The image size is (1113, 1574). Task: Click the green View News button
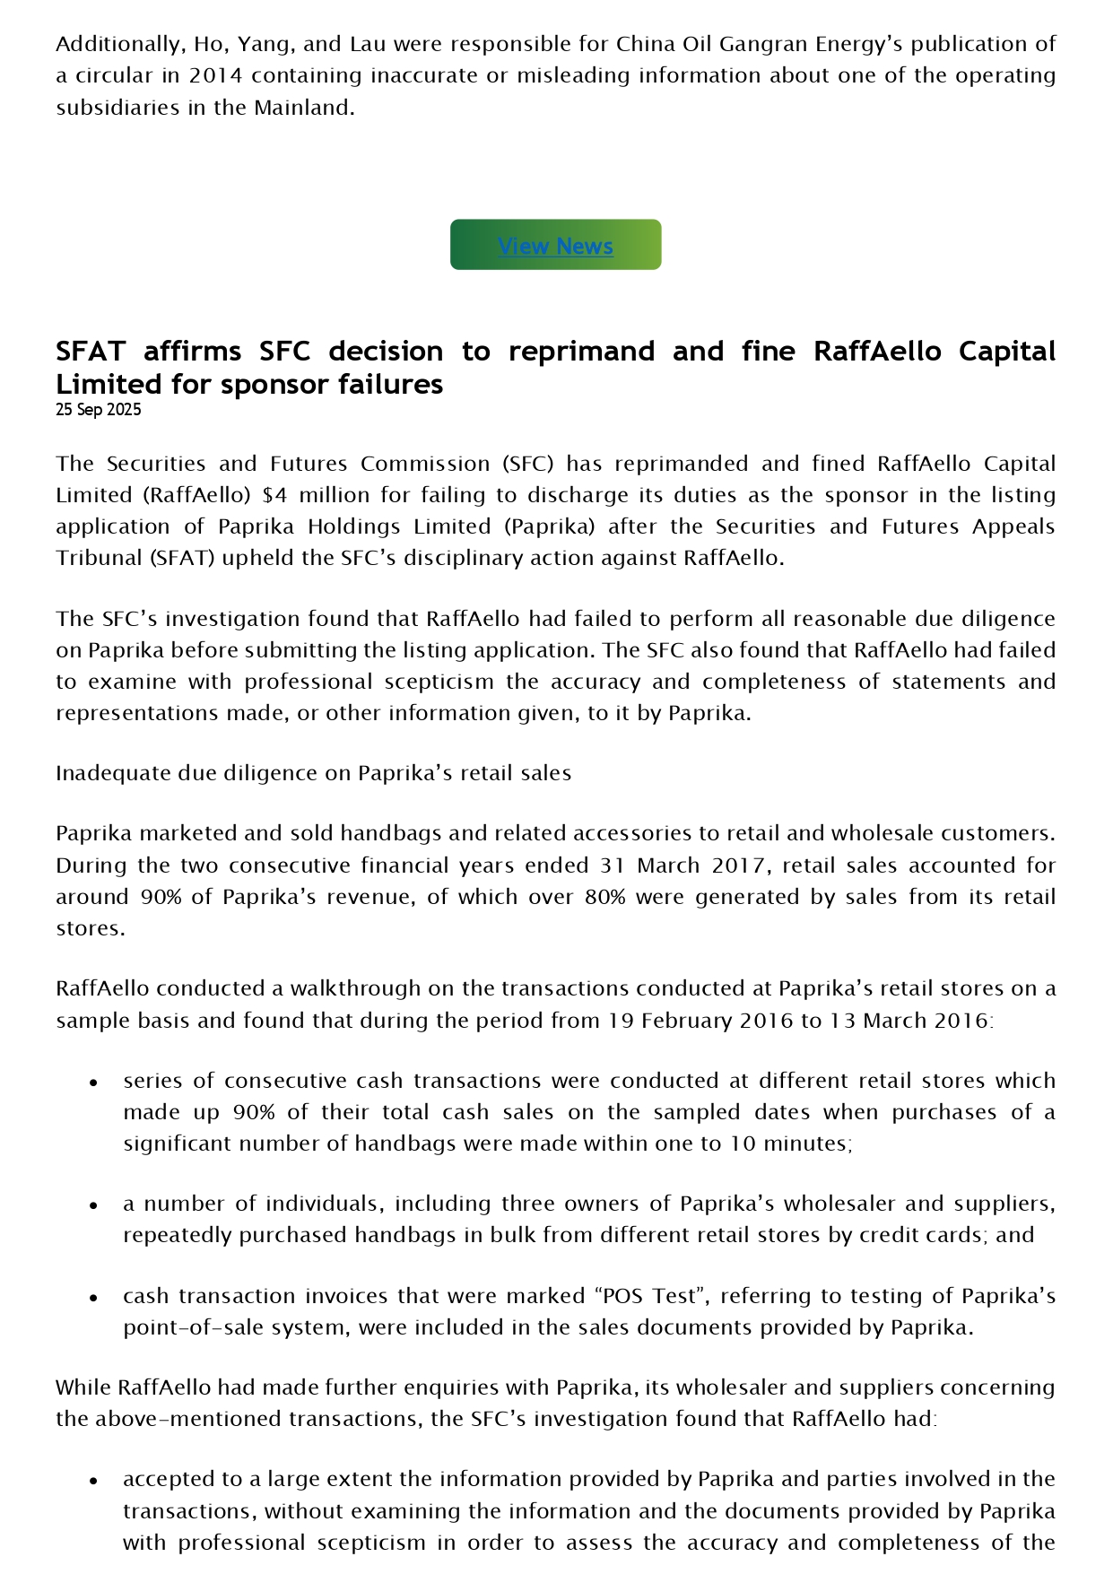pyautogui.click(x=555, y=245)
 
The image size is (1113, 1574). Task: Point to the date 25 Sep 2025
pyautogui.click(x=98, y=410)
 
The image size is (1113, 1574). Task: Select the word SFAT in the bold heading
pyautogui.click(x=91, y=351)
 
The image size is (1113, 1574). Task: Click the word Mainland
pyautogui.click(x=304, y=108)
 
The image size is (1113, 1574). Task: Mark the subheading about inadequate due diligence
pyautogui.click(x=313, y=773)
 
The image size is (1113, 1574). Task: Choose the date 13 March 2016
pyautogui.click(x=910, y=1021)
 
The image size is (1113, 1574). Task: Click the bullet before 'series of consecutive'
pyautogui.click(x=92, y=1083)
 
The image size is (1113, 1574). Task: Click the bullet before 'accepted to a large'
pyautogui.click(x=92, y=1481)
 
